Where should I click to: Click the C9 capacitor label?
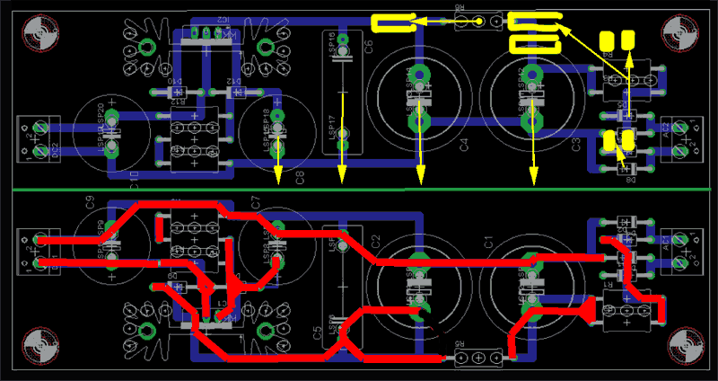tap(90, 203)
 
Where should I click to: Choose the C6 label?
tap(369, 48)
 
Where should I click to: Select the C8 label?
tap(301, 176)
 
